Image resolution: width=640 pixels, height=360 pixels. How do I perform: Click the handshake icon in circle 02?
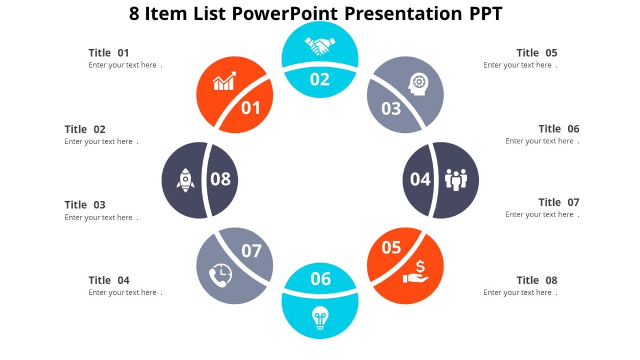320,46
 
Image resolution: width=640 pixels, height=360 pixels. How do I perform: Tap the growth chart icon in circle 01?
224,81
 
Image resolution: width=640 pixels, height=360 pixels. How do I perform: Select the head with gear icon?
419,84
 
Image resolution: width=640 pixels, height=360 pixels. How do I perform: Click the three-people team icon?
456,180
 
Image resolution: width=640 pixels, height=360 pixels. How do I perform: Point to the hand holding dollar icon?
416,272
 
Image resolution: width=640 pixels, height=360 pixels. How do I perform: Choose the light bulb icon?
320,318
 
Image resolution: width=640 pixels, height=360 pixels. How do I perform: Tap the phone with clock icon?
220,276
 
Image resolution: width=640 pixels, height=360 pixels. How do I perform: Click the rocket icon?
185,180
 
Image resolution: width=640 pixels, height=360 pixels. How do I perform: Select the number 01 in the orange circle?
251,108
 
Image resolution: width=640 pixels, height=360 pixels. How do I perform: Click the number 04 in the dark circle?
420,180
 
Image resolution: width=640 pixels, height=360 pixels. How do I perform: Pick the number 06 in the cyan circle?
321,279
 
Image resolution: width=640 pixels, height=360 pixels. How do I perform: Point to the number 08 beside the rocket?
220,179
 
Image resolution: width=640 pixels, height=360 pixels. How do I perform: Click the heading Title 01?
109,53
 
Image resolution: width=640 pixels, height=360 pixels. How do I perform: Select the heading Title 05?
537,53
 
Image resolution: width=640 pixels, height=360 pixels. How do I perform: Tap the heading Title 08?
537,281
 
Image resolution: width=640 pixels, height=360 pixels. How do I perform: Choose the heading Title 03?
85,205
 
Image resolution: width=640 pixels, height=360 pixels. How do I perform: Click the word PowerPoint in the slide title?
285,13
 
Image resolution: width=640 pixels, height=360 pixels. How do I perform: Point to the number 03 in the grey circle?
391,109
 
